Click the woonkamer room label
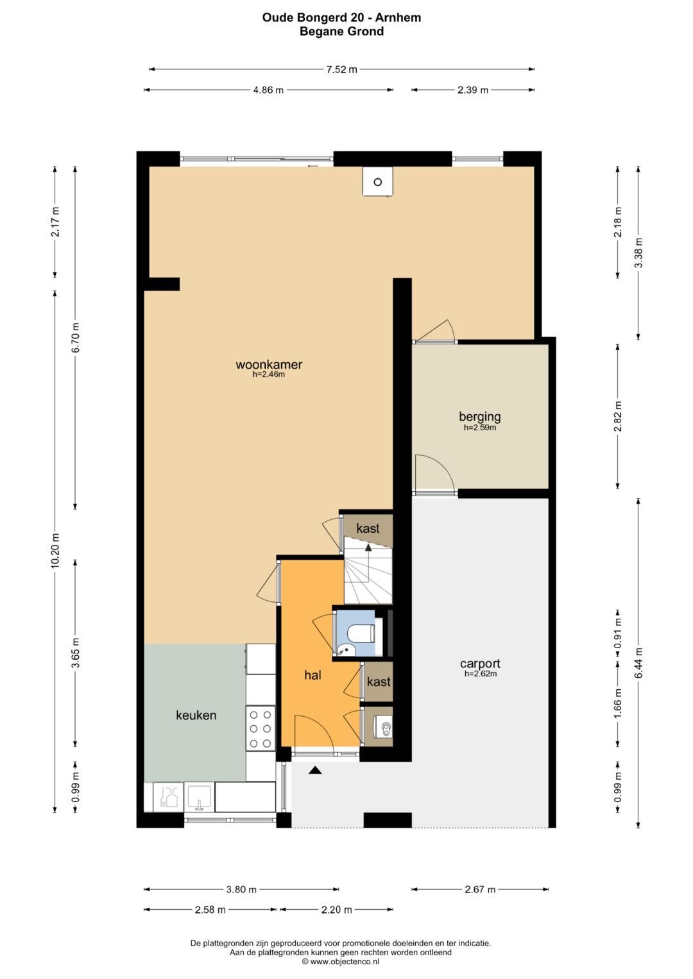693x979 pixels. pos(269,365)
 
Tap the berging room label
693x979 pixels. pos(480,417)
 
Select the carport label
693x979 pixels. pos(480,664)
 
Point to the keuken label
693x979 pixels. pos(196,715)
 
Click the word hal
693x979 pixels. pos(313,675)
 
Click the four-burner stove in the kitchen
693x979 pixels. pos(261,728)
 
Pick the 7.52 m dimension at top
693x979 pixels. pos(341,69)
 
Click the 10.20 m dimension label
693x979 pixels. pos(55,551)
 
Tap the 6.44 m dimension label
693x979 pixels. pos(638,663)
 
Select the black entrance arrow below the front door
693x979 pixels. pos(315,769)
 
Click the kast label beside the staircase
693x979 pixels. pos(368,528)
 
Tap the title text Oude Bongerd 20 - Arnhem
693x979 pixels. pos(341,17)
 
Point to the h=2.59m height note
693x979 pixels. pos(480,428)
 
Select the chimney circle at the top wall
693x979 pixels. pos(377,182)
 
